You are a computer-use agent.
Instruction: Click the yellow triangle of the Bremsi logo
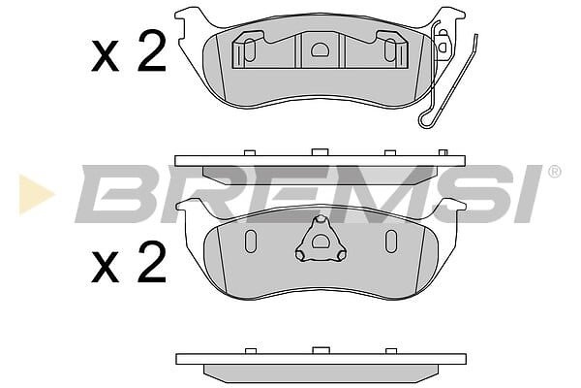[x=33, y=194]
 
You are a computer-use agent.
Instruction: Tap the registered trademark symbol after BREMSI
[x=554, y=172]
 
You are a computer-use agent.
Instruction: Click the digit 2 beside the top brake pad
[x=152, y=51]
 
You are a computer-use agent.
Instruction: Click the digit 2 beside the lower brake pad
[x=152, y=262]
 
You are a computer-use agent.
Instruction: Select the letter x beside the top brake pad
[x=106, y=56]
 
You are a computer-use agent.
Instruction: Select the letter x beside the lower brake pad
[x=106, y=267]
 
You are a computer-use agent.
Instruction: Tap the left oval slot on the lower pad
[x=251, y=242]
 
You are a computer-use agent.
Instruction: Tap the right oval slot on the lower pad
[x=391, y=242]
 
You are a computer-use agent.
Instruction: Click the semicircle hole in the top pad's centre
[x=320, y=49]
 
